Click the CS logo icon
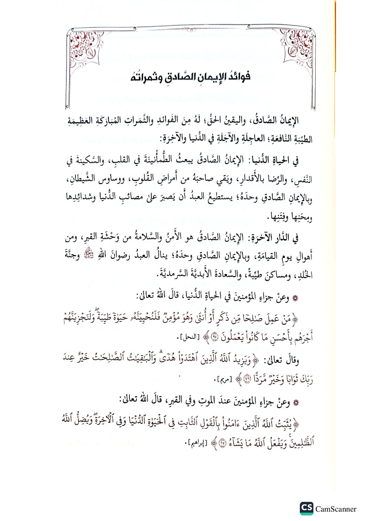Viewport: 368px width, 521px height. (x=306, y=508)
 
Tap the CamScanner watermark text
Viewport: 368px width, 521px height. (x=336, y=509)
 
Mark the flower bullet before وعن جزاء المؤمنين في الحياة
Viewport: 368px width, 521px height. (x=295, y=298)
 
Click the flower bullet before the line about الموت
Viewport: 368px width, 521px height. (x=295, y=403)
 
